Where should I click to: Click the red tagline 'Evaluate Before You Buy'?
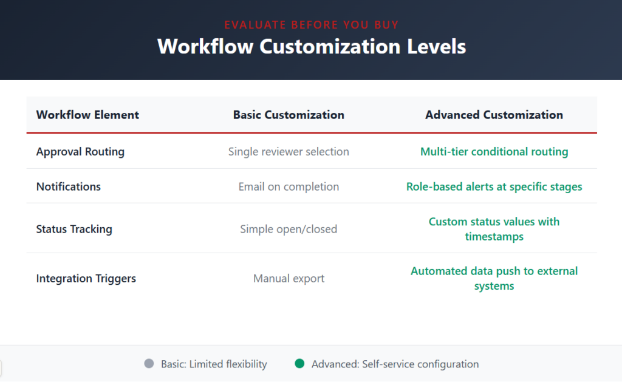[311, 25]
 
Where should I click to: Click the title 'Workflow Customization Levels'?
[311, 47]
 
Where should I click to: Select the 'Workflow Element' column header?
[87, 115]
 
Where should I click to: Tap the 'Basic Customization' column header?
[289, 115]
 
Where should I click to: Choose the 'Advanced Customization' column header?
[494, 115]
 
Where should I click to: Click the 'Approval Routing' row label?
[80, 152]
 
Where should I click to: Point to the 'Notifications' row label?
[69, 186]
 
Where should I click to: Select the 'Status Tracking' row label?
[74, 229]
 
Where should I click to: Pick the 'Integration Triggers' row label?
[86, 279]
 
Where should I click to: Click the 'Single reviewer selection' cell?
[289, 152]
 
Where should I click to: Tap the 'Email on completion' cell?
[289, 186]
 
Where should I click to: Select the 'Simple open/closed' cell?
[289, 229]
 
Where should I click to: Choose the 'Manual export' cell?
[289, 279]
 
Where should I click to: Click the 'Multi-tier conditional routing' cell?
[494, 152]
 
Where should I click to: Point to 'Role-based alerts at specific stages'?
[494, 186]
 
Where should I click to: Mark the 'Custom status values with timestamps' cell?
[494, 229]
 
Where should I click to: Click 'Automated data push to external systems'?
[494, 279]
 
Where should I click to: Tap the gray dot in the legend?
[149, 364]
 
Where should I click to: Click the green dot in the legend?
[299, 364]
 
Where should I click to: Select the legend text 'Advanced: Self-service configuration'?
[395, 364]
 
